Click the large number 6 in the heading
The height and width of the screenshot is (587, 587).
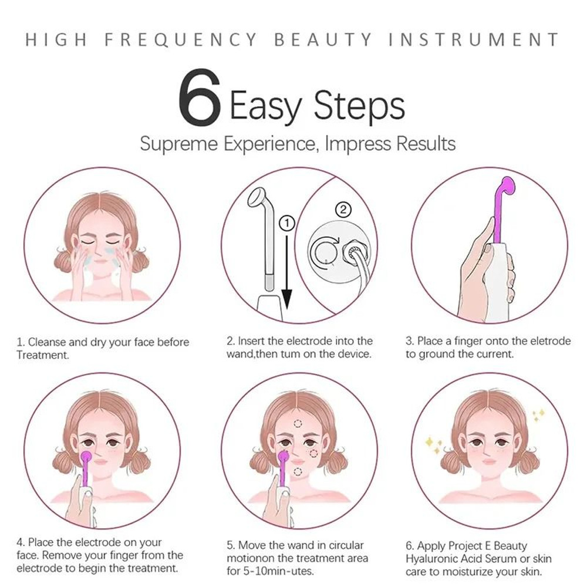[199, 99]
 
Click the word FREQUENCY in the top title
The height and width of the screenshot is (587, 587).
[181, 40]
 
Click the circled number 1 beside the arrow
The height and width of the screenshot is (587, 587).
[286, 223]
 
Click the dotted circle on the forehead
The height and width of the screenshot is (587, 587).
[299, 423]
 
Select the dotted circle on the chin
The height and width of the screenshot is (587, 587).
[298, 471]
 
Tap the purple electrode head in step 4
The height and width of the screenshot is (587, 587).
[86, 457]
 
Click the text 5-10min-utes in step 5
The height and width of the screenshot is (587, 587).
[281, 571]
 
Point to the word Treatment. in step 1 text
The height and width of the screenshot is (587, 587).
[42, 355]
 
